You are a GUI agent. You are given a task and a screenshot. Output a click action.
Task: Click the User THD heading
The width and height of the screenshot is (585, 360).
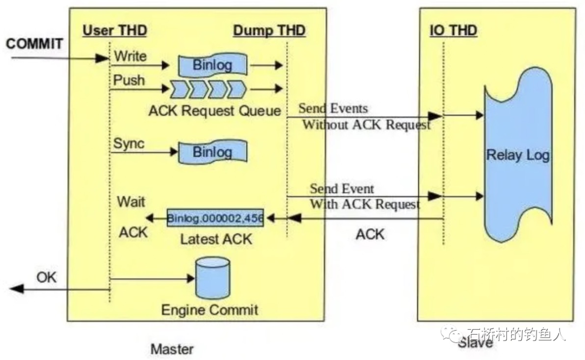coord(115,30)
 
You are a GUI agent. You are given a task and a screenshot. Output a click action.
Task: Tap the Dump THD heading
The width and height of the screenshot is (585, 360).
coord(269,30)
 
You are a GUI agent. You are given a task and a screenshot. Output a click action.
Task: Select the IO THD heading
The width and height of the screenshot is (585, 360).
coord(453,30)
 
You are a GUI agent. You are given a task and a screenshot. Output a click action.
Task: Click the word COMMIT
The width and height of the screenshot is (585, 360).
coord(34,44)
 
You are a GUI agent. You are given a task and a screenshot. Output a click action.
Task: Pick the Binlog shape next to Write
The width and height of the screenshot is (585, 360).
coord(213,65)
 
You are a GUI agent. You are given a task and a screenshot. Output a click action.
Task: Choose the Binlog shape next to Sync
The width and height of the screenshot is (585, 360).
coord(213,152)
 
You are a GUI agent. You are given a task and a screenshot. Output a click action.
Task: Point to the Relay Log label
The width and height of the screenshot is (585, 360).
coord(518,155)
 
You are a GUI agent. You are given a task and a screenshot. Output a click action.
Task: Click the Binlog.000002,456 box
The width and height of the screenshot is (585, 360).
coord(215,218)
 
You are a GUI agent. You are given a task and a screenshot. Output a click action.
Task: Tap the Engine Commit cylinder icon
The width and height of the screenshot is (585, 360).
coord(213,278)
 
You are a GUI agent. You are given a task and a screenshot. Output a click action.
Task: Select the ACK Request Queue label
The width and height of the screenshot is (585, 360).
coord(214,110)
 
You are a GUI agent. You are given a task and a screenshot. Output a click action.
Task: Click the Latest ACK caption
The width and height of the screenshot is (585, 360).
coord(216,239)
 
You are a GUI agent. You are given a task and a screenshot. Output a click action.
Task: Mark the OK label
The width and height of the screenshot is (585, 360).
coord(46,277)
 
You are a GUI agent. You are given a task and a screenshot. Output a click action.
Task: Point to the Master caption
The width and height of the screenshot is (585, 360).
coord(172,349)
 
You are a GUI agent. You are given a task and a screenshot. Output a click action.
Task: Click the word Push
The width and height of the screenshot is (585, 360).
coord(129,80)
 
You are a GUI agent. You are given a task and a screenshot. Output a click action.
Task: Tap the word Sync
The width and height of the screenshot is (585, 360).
coord(129,143)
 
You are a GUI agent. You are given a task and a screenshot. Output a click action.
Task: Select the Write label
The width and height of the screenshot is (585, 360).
coord(130,56)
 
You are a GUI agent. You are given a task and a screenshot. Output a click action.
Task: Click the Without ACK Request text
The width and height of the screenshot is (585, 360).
coord(366,125)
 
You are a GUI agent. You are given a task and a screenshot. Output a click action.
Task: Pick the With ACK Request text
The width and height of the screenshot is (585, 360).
coord(365,204)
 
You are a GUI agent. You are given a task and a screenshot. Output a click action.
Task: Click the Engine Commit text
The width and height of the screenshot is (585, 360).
coord(210,310)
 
